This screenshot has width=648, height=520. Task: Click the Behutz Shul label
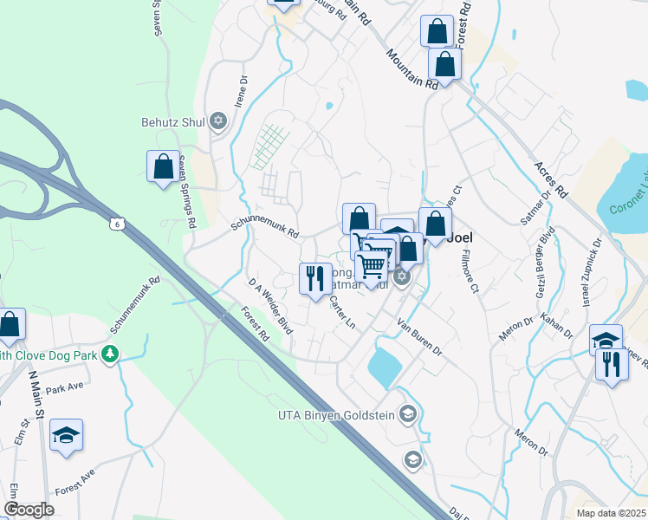172,122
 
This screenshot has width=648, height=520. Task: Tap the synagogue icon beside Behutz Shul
218,121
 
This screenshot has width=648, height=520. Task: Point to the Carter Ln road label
343,311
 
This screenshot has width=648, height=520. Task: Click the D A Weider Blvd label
270,305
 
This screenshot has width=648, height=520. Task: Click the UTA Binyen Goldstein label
336,415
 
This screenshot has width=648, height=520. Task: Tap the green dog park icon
109,353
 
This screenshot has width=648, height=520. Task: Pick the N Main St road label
35,395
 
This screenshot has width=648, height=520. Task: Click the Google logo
29,510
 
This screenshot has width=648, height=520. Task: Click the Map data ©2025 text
610,512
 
